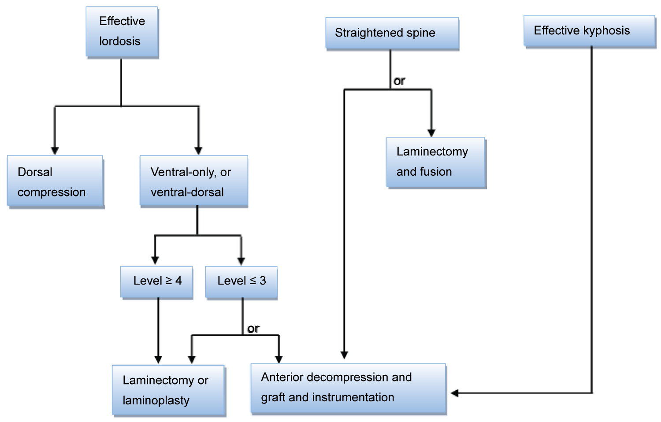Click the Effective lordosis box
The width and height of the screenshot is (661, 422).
(x=122, y=32)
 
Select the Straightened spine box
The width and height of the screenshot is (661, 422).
(x=392, y=33)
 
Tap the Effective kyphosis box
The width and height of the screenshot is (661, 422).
(x=589, y=31)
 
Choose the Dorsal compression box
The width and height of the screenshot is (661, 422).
(x=55, y=181)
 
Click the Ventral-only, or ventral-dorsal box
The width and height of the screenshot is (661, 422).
(x=193, y=181)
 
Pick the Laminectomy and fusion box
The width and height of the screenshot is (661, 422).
(x=436, y=163)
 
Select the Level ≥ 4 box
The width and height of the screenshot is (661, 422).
(x=157, y=282)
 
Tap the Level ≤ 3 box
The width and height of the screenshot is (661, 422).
(x=241, y=282)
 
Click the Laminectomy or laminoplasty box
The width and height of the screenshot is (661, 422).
(x=168, y=390)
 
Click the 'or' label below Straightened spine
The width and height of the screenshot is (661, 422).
(x=399, y=81)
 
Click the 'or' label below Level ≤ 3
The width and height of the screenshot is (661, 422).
(x=253, y=329)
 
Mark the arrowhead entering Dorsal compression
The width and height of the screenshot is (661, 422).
(x=55, y=151)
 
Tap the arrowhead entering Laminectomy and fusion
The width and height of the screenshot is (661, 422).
(x=431, y=133)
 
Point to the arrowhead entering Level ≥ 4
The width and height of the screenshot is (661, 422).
(x=155, y=260)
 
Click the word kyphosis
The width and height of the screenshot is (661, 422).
(x=606, y=30)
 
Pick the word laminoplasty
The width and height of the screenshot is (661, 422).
(x=156, y=400)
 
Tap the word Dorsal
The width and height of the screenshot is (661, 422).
(x=35, y=172)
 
